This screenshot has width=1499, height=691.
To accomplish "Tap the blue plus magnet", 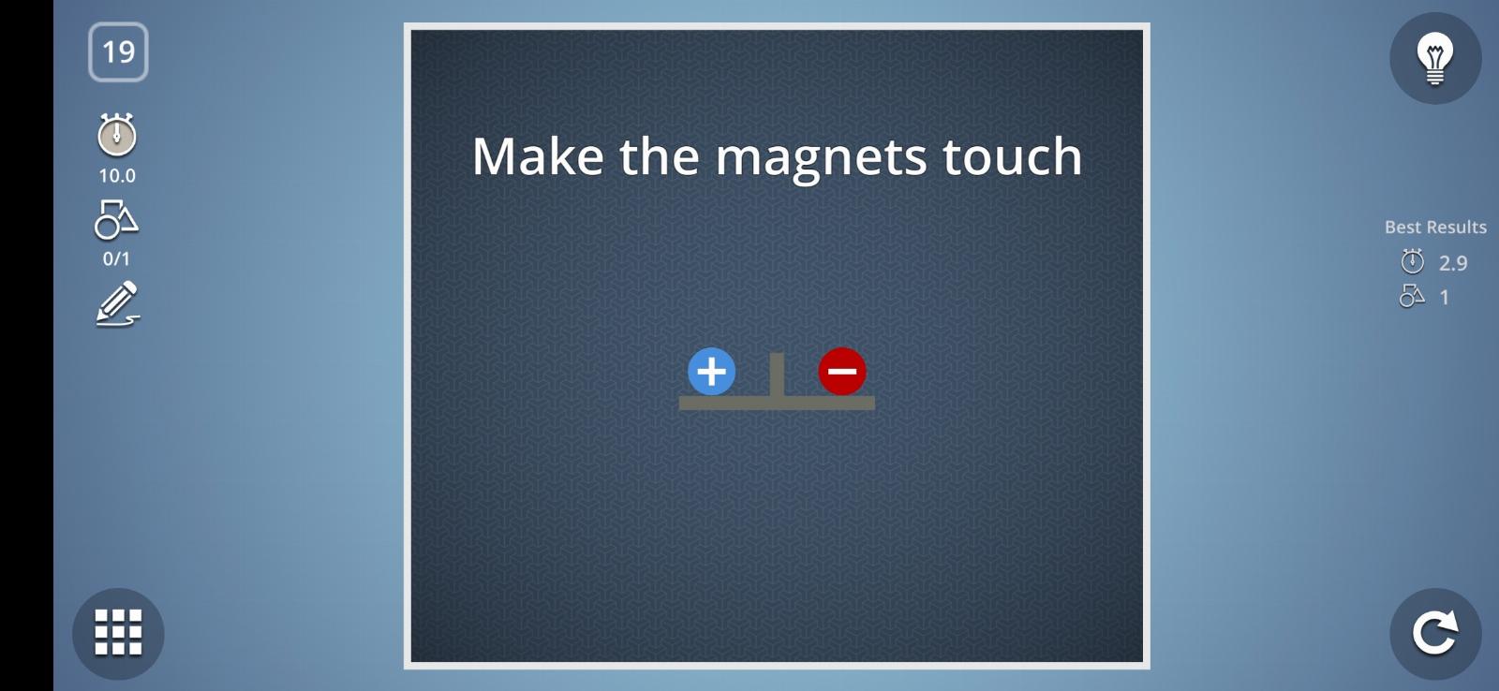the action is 711,372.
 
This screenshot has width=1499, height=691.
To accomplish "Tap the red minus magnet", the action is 842,372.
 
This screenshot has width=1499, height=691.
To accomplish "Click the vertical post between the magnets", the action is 777,375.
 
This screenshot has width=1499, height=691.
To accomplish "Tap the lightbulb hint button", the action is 1435,58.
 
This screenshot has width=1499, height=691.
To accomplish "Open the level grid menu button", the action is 118,634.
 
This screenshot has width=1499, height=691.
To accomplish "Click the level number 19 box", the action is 118,52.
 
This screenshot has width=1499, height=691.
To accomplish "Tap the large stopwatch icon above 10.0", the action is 117,135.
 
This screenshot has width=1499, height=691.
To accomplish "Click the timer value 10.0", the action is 117,176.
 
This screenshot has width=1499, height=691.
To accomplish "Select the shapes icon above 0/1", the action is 116,219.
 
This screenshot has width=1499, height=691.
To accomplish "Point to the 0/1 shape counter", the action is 116,258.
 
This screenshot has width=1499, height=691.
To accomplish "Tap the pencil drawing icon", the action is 118,303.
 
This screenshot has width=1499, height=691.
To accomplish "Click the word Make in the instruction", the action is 538,156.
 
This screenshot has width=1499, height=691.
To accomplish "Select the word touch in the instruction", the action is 1012,156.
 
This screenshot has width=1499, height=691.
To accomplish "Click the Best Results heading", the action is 1435,228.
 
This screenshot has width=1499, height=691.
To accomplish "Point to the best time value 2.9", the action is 1453,263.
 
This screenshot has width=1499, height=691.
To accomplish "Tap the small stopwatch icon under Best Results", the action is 1413,261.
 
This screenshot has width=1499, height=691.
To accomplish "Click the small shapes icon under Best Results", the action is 1412,296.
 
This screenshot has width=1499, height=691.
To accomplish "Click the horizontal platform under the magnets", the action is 777,403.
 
